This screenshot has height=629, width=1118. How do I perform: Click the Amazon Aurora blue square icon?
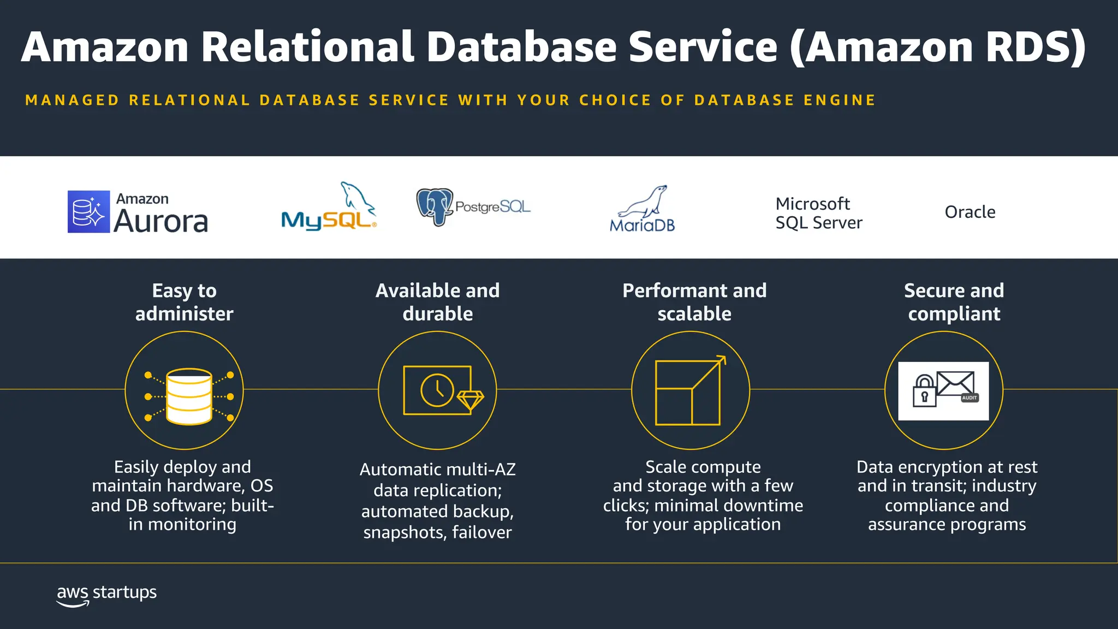(88, 212)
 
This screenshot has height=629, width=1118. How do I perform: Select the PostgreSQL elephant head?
(435, 206)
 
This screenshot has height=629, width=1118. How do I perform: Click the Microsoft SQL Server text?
(818, 213)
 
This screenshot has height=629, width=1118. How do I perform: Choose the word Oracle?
(970, 212)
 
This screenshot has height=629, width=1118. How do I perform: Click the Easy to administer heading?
(184, 302)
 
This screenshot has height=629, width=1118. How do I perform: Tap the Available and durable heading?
(437, 302)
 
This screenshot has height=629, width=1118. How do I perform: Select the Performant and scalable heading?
(694, 302)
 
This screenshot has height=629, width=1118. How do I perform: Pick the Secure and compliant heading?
(954, 302)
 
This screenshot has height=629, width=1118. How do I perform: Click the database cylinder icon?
(189, 396)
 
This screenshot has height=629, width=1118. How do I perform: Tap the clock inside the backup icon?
(437, 390)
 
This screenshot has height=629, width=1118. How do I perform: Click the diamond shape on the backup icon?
(470, 400)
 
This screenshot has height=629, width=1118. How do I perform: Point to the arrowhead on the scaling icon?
(721, 360)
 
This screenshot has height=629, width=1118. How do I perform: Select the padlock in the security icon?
(924, 391)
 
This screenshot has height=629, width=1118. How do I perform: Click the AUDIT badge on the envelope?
(970, 398)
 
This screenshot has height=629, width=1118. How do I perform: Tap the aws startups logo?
(106, 595)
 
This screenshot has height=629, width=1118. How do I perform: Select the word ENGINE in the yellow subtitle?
(840, 100)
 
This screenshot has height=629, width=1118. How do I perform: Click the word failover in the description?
(481, 532)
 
